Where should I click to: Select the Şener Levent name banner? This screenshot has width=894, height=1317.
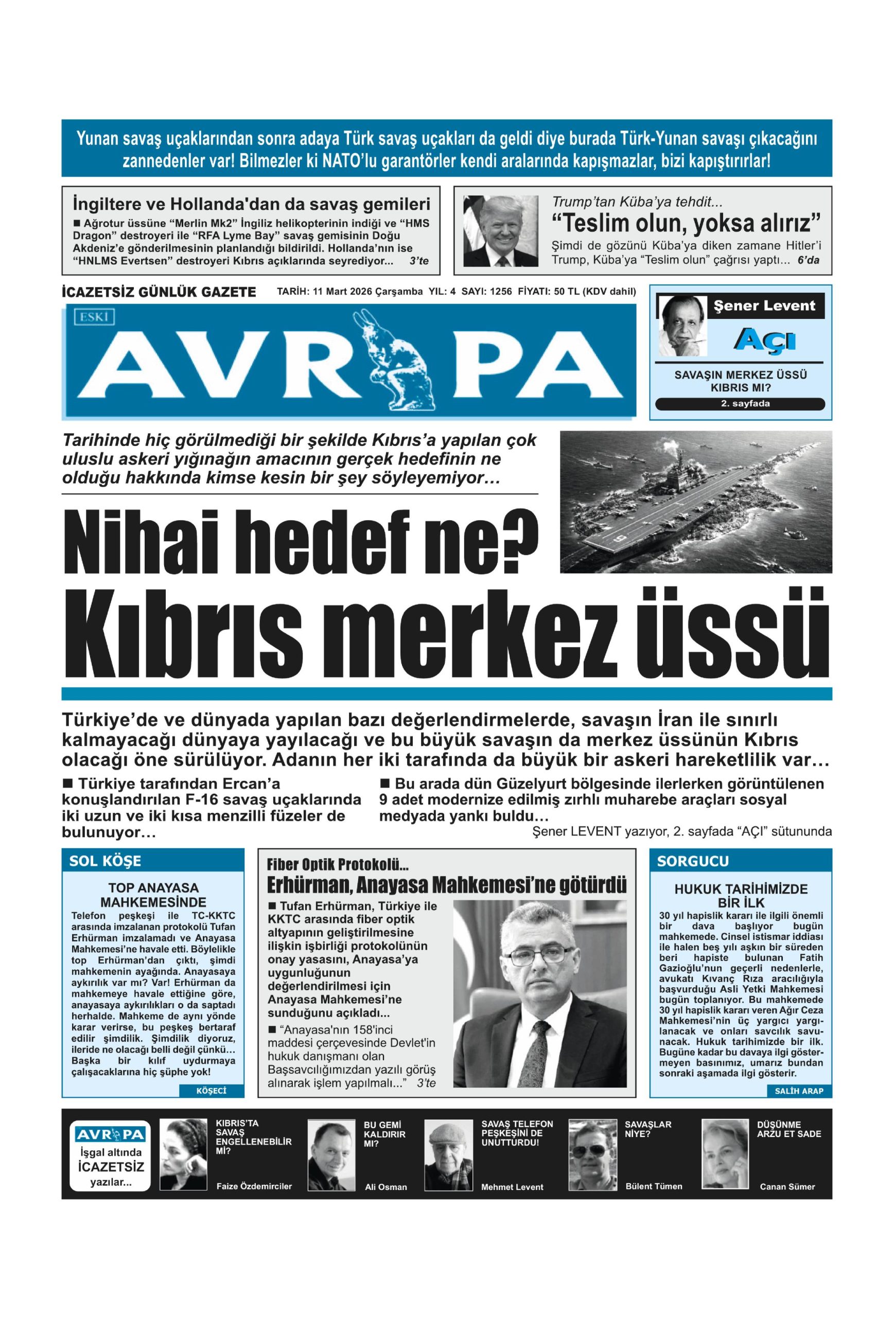764,307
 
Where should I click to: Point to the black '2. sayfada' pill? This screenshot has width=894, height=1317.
740,404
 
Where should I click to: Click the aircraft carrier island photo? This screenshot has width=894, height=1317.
695,502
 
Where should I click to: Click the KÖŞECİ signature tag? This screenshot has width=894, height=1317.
211,1091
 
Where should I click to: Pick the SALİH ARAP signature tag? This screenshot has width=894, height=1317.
798,1091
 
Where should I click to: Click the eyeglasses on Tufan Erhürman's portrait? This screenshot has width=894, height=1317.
541,956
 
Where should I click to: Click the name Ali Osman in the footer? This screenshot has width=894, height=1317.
385,1187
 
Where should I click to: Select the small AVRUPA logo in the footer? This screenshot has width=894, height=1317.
110,1134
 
